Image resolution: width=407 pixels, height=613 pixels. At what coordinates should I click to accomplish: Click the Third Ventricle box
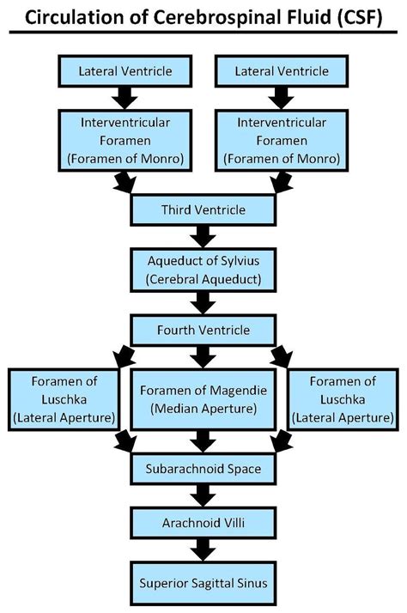pyautogui.click(x=203, y=209)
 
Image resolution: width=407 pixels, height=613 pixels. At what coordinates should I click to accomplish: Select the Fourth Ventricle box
pyautogui.click(x=203, y=330)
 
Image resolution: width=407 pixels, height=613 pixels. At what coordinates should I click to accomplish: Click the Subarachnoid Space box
pyautogui.click(x=203, y=468)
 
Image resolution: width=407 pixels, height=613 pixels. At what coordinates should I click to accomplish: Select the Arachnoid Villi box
pyautogui.click(x=203, y=522)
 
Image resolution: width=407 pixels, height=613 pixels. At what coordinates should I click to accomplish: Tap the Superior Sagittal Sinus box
pyautogui.click(x=203, y=582)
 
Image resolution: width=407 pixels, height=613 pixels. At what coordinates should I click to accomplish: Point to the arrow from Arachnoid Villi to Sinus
pyautogui.click(x=203, y=549)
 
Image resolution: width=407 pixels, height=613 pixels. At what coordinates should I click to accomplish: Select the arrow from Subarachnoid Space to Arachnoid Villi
pyautogui.click(x=203, y=495)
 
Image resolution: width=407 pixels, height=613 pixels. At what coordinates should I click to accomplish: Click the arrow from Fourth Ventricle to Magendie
pyautogui.click(x=203, y=354)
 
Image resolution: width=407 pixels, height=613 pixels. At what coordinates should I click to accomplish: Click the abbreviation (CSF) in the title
pyautogui.click(x=355, y=16)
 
